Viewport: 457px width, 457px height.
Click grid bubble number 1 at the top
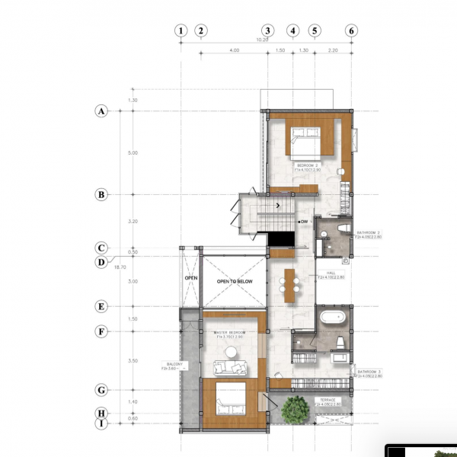coord(181,31)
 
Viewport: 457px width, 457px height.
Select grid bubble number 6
coord(351,31)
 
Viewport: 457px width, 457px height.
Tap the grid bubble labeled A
coord(101,111)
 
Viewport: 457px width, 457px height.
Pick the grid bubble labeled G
coord(101,390)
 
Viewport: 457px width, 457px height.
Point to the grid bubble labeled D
coord(101,263)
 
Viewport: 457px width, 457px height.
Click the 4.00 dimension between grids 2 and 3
coord(234,50)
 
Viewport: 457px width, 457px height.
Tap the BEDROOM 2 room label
coord(308,165)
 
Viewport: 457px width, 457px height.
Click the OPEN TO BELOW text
coord(234,282)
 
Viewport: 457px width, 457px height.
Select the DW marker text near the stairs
coord(303,222)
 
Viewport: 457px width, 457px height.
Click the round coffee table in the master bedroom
coord(230,351)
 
